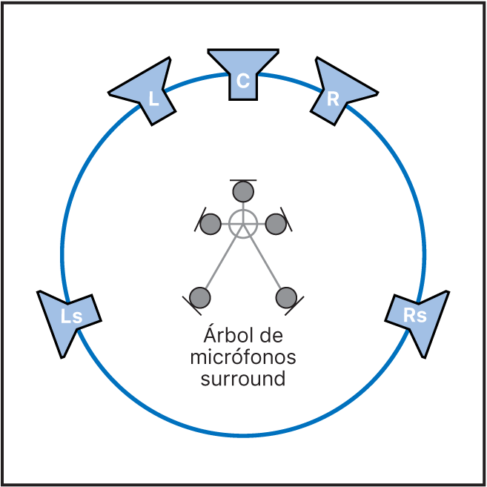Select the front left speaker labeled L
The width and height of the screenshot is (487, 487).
point(148,93)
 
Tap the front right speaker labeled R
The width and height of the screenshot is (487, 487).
point(337,93)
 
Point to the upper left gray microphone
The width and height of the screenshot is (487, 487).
point(211,222)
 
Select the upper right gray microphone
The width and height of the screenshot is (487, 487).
point(276,222)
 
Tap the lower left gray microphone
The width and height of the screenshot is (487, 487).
point(200,297)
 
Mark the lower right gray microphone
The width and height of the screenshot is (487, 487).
point(286,297)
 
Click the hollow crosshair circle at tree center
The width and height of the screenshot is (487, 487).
point(242,222)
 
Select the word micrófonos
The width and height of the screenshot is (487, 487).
point(243,357)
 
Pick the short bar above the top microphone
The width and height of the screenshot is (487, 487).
point(243,179)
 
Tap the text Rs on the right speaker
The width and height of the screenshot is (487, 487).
point(415,315)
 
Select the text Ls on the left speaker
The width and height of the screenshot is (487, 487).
point(71,317)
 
